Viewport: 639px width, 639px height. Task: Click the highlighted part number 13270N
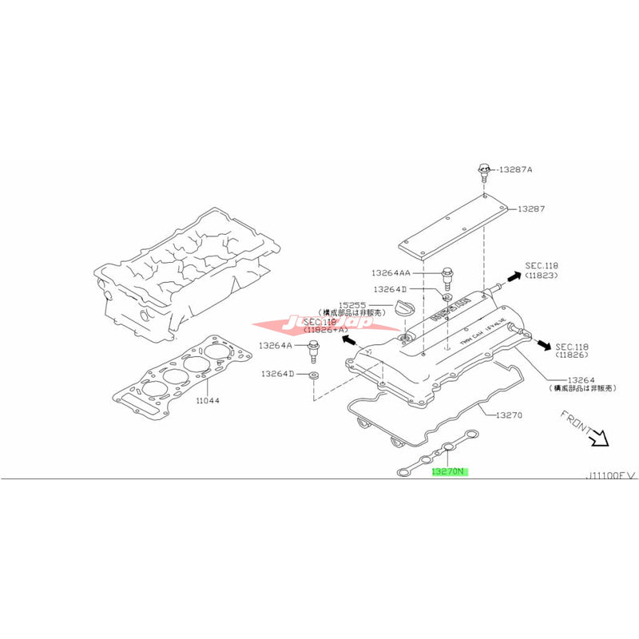pyautogui.click(x=448, y=471)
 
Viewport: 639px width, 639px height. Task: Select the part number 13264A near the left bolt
pyautogui.click(x=273, y=345)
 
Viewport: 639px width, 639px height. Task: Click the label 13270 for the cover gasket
pyautogui.click(x=508, y=415)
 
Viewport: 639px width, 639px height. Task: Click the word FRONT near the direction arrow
pyautogui.click(x=575, y=421)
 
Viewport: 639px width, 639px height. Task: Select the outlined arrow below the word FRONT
pyautogui.click(x=599, y=439)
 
